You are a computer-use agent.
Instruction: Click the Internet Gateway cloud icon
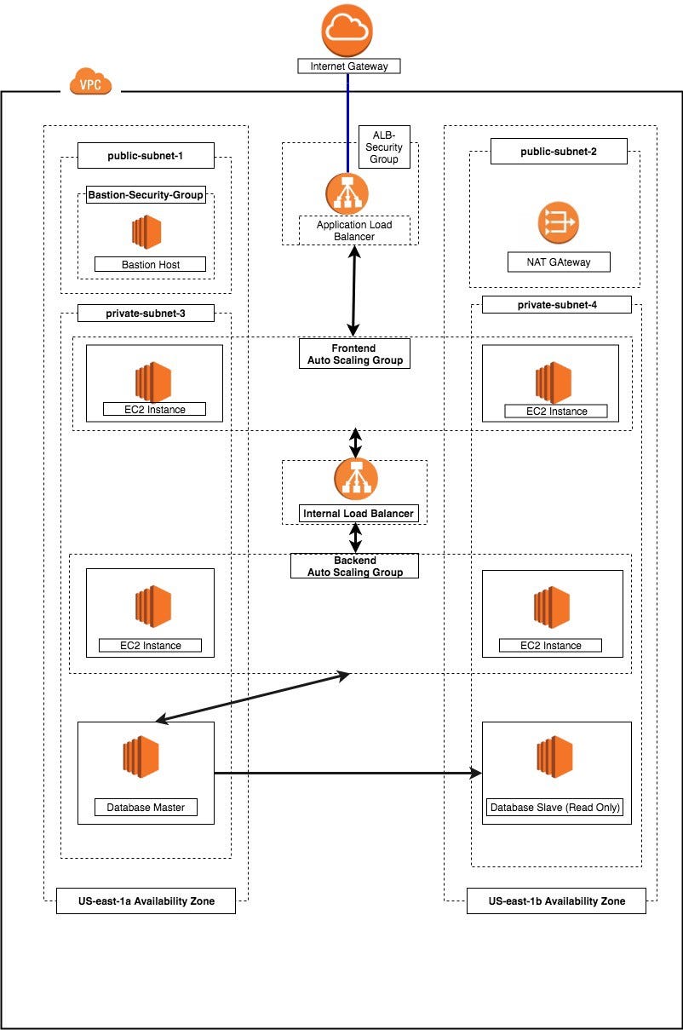pos(347,30)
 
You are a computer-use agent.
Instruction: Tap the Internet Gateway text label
pos(348,66)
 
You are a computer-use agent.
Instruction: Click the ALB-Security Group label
pos(384,147)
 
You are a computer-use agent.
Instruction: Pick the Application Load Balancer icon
pos(347,193)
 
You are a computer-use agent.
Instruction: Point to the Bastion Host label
pos(150,264)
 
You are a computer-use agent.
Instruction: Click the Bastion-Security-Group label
pos(146,195)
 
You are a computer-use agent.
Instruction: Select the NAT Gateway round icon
pos(558,223)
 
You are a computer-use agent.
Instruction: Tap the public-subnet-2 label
pos(559,152)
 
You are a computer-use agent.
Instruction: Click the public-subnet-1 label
pos(146,156)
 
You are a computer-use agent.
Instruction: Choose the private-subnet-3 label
pos(146,314)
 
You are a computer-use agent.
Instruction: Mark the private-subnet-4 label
pos(557,305)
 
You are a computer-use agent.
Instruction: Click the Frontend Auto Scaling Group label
pos(354,354)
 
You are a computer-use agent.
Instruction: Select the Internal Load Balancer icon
pos(356,479)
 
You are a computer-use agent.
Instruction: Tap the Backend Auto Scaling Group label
pos(355,567)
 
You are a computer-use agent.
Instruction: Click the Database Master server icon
pos(141,757)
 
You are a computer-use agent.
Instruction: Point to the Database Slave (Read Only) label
pos(555,808)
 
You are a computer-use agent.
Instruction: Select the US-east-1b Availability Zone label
pos(556,901)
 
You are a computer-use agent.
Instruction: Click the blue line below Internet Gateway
pos(347,119)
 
